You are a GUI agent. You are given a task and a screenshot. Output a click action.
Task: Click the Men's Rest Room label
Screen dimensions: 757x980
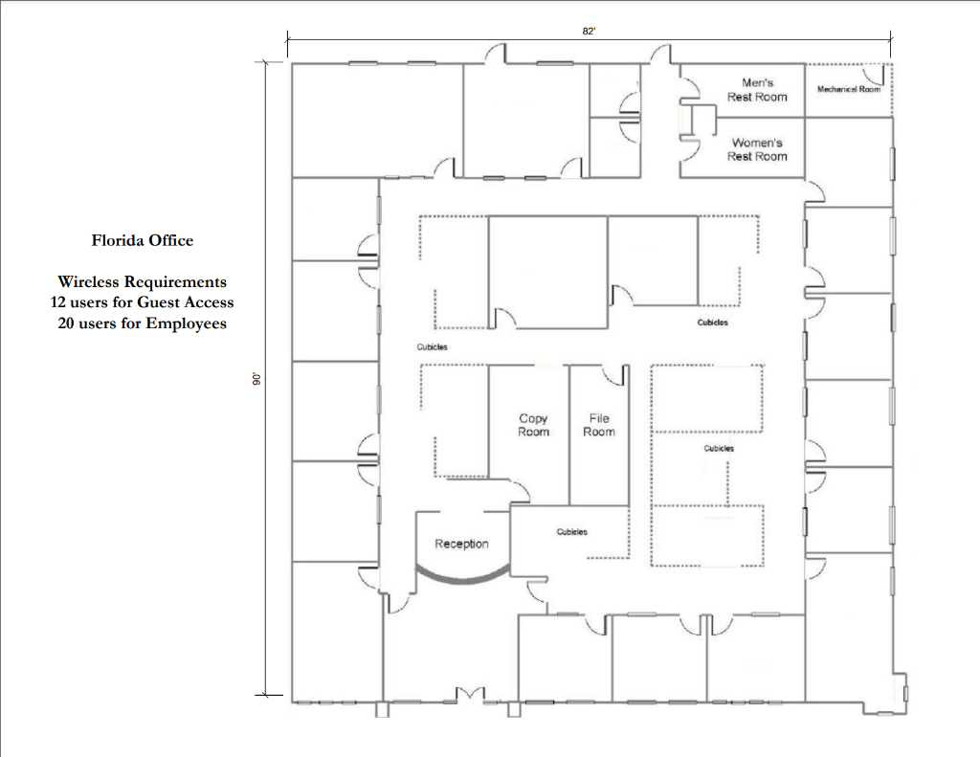point(757,90)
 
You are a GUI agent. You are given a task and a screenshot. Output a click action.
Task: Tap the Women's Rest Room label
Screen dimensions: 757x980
point(757,149)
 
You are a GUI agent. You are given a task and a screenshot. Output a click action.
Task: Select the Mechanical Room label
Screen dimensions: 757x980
point(848,89)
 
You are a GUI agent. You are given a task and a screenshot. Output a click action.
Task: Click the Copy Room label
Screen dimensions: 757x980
point(533,425)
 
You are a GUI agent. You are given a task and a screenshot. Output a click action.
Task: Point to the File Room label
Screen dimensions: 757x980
point(598,425)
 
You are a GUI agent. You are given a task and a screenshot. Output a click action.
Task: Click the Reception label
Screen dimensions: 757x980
point(461,544)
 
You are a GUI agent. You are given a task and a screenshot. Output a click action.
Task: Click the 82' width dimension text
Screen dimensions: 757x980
point(589,32)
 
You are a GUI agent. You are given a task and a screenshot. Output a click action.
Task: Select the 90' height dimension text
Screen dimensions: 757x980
point(256,379)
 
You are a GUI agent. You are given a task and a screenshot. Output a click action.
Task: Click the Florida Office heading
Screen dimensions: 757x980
point(142,240)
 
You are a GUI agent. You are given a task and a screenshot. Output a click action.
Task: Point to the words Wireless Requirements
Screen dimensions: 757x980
point(142,281)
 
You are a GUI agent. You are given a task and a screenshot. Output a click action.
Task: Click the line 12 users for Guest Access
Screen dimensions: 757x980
point(142,302)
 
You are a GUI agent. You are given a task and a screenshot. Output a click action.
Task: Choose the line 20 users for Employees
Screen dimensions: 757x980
point(142,323)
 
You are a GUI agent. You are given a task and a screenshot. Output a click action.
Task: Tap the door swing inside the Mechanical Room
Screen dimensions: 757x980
point(872,74)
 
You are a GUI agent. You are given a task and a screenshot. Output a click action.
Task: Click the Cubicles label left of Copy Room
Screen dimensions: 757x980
point(433,347)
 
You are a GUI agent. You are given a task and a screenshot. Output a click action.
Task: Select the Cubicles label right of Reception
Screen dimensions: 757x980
point(571,532)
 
